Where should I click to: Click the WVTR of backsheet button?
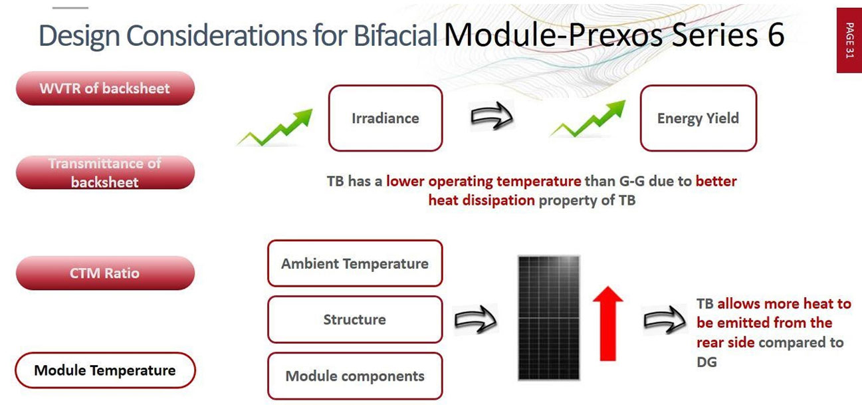105,88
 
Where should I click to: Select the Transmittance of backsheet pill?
105,172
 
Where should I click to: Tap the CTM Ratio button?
105,273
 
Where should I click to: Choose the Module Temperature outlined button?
105,370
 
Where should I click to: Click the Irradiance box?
385,118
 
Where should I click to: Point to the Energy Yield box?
699,118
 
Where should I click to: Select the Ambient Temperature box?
355,263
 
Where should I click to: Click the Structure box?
355,319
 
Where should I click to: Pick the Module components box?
355,376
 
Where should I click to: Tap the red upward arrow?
608,323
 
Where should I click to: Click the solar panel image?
549,318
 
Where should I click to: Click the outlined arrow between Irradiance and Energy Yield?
492,116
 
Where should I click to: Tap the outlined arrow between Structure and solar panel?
476,319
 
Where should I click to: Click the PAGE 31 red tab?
849,40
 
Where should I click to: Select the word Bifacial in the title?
395,35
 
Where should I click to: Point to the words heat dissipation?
481,200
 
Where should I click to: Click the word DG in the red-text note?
707,362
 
